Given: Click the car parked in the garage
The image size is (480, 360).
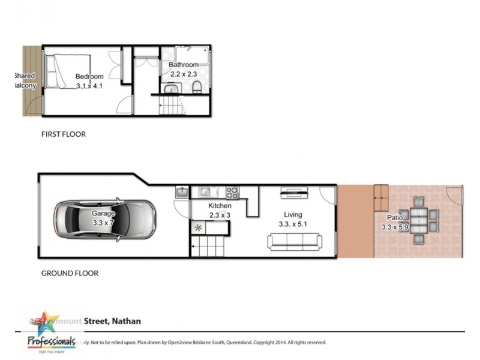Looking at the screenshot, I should (x=106, y=219).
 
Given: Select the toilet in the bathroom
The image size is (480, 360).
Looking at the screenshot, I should (x=197, y=90).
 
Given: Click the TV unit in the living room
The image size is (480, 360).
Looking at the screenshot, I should (x=295, y=193).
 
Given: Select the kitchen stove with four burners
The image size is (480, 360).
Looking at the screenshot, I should (x=232, y=193).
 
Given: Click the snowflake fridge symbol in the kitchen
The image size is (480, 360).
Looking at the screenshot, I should (x=198, y=227).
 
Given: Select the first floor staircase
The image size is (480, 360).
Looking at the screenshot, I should (x=172, y=109).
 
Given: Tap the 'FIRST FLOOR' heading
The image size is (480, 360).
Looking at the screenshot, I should (x=63, y=134).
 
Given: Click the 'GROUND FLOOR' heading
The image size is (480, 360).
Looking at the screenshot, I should (x=70, y=273).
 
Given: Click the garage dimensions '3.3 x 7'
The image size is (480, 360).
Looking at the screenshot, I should (x=103, y=223).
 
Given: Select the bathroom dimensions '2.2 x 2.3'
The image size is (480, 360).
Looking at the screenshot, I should (x=183, y=73).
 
